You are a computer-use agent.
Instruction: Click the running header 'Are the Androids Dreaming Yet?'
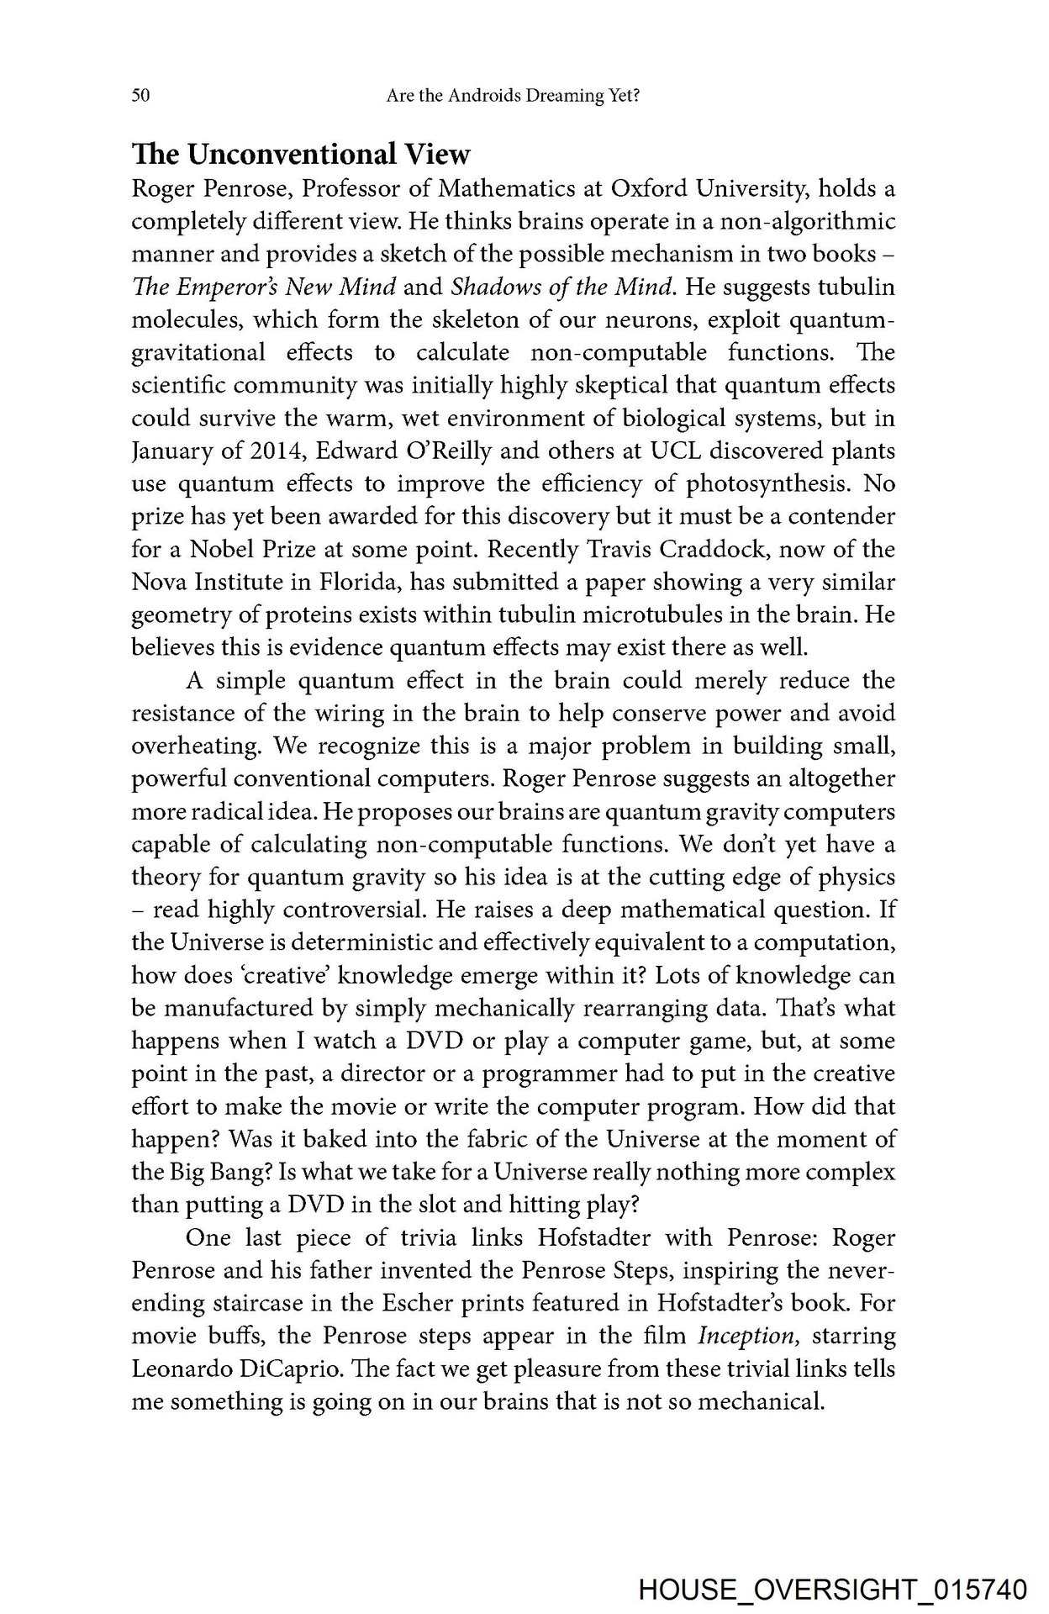[514, 97]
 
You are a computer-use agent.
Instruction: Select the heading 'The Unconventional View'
[301, 155]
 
